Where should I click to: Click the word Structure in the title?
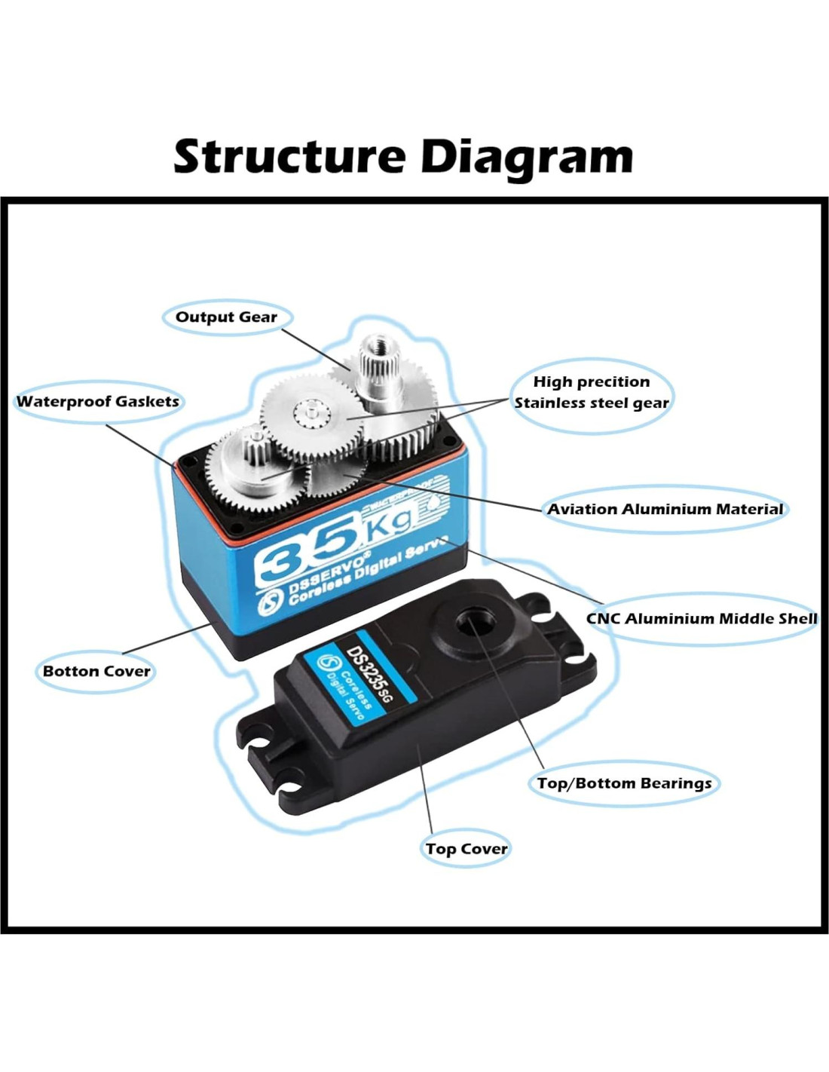(x=289, y=156)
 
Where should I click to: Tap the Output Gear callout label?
(x=226, y=317)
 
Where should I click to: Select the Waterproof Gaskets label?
(x=98, y=401)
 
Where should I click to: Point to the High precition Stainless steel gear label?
(x=592, y=392)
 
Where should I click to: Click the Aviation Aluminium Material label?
(x=665, y=509)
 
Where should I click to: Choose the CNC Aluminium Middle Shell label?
(x=702, y=618)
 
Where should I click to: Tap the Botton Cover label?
(x=96, y=671)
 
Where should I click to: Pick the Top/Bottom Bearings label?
(x=624, y=783)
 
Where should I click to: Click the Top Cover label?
(x=467, y=849)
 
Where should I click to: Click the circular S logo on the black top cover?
(x=331, y=663)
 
